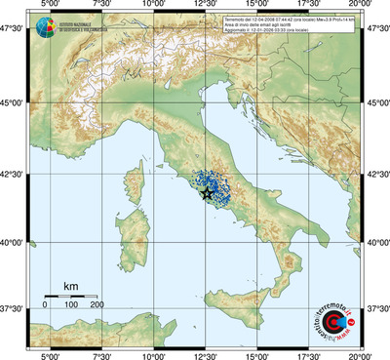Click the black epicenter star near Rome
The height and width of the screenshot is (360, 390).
coord(207,194)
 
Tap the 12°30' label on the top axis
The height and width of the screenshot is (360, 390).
coord(206,6)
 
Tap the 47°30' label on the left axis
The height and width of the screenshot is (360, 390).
coord(12,31)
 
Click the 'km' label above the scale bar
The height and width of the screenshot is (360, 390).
coord(70,286)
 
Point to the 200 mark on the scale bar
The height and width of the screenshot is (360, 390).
coord(97,305)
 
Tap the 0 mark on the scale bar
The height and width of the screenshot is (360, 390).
coord(45,305)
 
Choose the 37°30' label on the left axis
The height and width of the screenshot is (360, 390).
coord(12,308)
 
